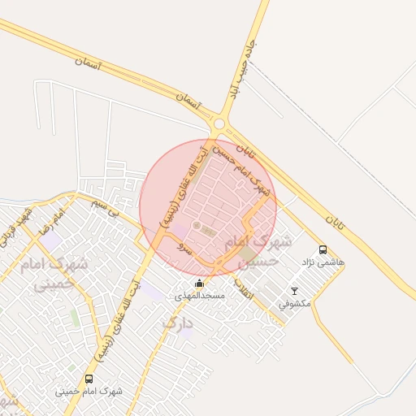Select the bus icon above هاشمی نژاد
point(323,250)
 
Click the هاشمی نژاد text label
point(323,262)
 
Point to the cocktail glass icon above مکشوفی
point(294,291)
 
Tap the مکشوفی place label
point(294,304)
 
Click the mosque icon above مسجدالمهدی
point(199,283)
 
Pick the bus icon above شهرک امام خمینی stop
point(89,379)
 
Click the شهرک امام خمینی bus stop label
point(89,391)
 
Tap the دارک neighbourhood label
point(178,323)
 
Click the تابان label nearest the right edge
point(336,221)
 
